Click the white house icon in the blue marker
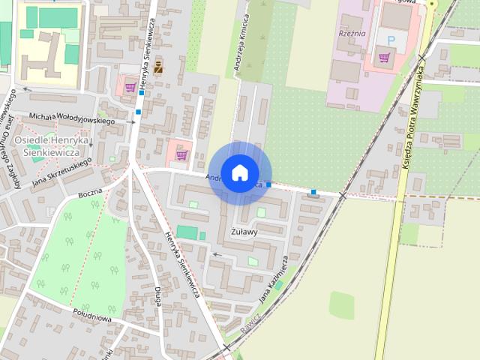tap(239, 172)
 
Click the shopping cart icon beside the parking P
tap(385, 56)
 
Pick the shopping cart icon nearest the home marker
tap(181, 155)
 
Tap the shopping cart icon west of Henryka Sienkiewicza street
tap(130, 87)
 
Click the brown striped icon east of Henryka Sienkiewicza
tap(158, 67)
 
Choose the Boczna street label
tap(89, 194)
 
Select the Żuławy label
tap(244, 232)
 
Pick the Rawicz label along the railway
tap(251, 323)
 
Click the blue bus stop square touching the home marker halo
tap(268, 184)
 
